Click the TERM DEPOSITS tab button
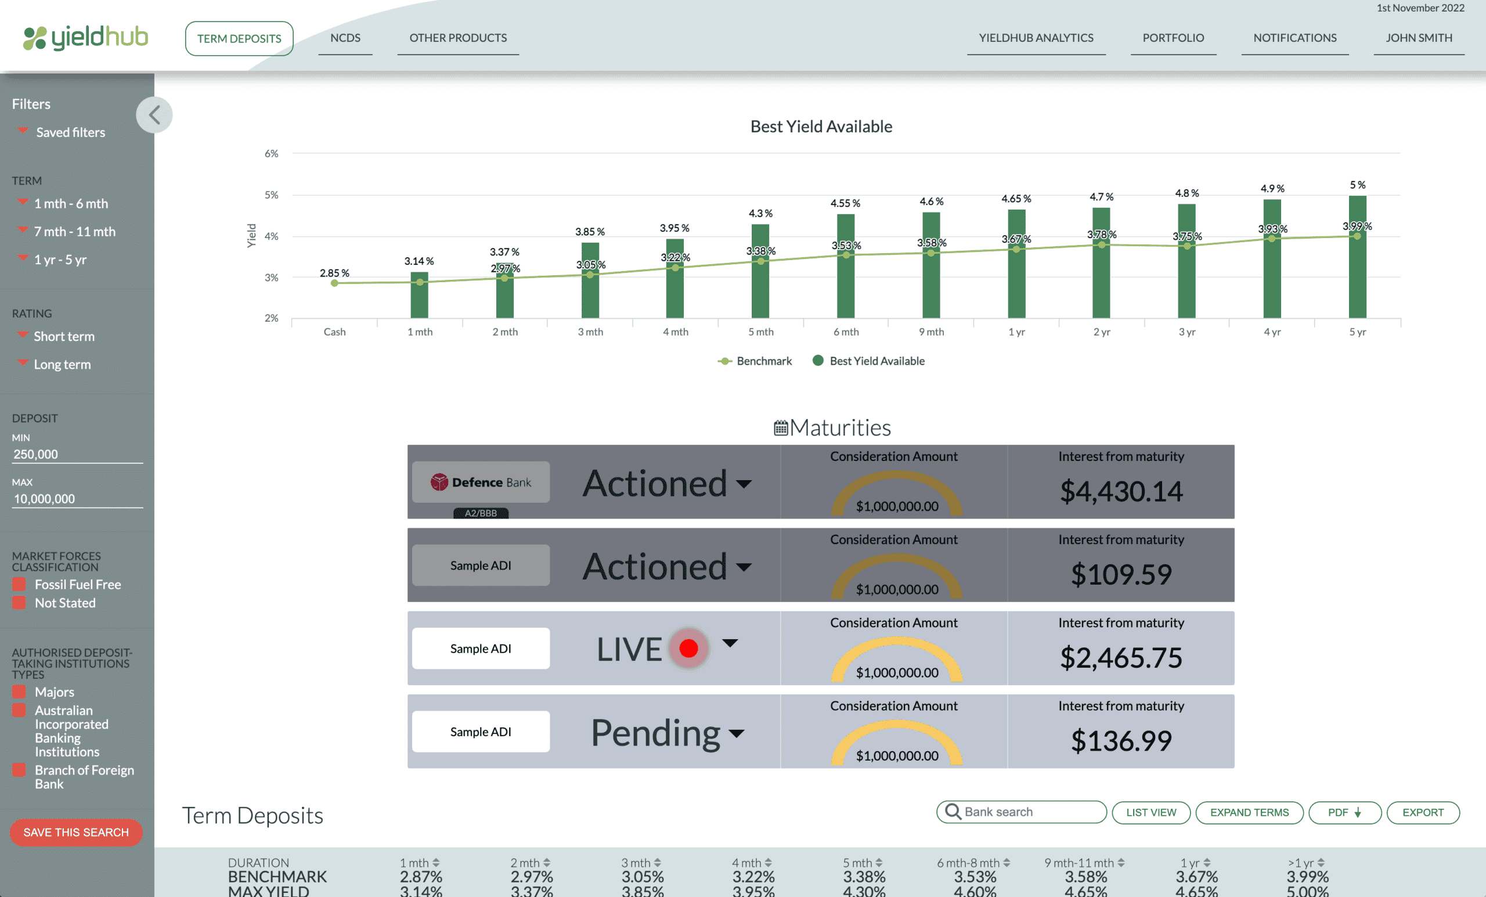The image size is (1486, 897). [x=239, y=38]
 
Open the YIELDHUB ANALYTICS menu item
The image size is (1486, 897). [x=1036, y=38]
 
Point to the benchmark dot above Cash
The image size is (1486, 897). [x=335, y=283]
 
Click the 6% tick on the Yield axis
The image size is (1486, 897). [x=272, y=154]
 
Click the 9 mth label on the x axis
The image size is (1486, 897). [x=931, y=332]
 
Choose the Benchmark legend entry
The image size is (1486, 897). [x=755, y=361]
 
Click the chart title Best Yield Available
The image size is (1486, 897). [x=821, y=127]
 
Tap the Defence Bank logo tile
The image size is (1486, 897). [x=481, y=482]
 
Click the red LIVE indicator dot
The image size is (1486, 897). [x=688, y=648]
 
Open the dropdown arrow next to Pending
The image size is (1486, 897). [x=737, y=733]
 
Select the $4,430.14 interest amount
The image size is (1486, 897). [x=1121, y=491]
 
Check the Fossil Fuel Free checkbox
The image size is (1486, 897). [x=19, y=584]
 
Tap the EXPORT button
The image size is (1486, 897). [x=1423, y=812]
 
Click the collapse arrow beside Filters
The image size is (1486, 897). [x=154, y=114]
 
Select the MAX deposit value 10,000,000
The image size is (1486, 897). [x=45, y=499]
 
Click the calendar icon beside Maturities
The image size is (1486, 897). [x=780, y=428]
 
